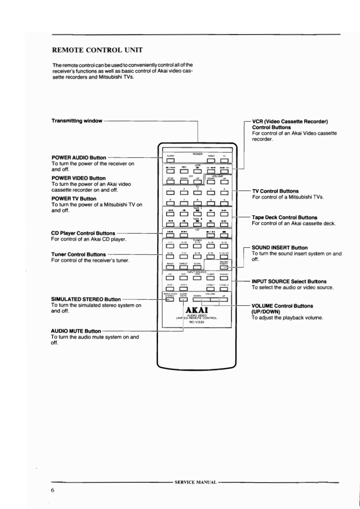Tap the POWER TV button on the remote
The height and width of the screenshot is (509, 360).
[224, 159]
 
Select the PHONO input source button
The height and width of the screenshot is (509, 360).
[224, 280]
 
